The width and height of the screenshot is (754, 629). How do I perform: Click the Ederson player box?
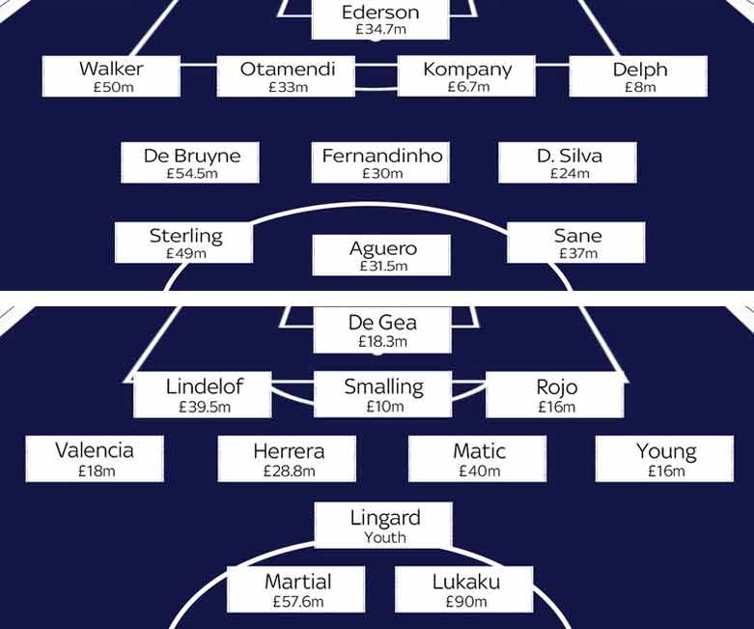(380, 19)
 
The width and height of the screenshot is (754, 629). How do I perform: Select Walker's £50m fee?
(114, 87)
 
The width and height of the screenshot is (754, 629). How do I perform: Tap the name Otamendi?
(288, 70)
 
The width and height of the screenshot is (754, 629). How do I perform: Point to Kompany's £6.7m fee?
(468, 87)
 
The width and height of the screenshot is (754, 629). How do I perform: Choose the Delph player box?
(638, 76)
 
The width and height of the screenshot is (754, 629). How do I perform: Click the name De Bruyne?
(192, 156)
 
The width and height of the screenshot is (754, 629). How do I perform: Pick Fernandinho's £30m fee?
(382, 173)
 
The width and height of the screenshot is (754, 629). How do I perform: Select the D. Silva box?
(568, 162)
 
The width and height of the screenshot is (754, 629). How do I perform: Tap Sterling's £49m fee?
(185, 253)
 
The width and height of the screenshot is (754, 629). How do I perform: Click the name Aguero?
(383, 249)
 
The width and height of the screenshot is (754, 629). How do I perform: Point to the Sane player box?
(576, 243)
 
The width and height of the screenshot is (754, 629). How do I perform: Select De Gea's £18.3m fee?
(382, 342)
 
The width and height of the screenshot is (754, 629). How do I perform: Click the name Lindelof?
(205, 386)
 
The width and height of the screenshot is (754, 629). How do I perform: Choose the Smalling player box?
(382, 394)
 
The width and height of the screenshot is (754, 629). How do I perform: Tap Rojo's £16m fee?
(557, 407)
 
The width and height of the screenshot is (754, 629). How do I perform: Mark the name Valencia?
(95, 451)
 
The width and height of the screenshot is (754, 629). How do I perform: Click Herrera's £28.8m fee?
(289, 471)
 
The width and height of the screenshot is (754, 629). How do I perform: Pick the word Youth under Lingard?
(384, 537)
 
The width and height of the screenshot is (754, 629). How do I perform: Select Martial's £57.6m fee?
(298, 602)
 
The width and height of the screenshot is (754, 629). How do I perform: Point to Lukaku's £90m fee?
(466, 602)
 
